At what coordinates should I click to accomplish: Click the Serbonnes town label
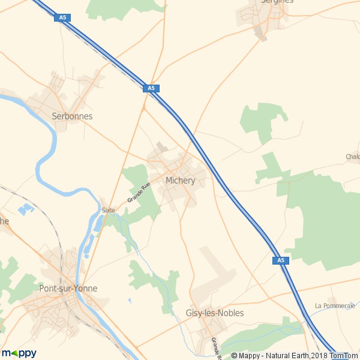click(x=72, y=116)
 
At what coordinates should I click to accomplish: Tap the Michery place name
click(x=180, y=181)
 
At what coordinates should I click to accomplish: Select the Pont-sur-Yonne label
click(x=68, y=289)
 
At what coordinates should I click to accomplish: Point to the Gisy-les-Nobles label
click(x=214, y=313)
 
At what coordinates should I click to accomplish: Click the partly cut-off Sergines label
click(x=277, y=2)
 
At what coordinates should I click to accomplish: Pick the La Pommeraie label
click(x=335, y=306)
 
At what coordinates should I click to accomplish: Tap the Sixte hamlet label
click(x=108, y=211)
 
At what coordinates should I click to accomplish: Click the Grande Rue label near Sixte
click(x=138, y=193)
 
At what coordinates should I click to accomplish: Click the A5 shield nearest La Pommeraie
click(x=280, y=260)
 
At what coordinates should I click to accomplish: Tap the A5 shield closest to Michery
click(x=151, y=88)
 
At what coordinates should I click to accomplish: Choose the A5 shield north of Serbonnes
click(x=62, y=18)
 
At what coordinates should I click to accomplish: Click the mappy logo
click(x=20, y=353)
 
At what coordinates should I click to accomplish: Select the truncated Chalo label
click(x=352, y=157)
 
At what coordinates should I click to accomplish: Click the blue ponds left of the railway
click(x=25, y=209)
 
